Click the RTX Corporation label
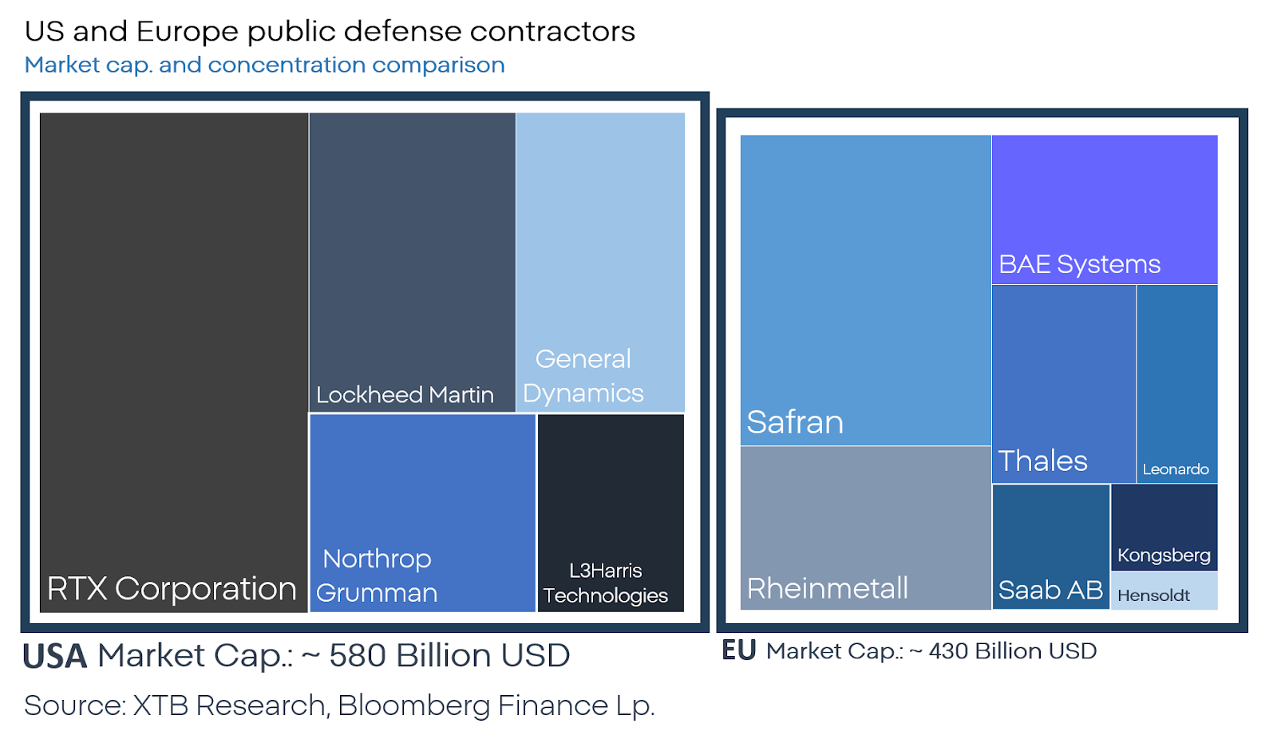pos(172,588)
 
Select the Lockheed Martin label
pos(405,394)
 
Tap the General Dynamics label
pos(583,376)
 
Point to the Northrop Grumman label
pos(377,575)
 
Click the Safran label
pos(795,421)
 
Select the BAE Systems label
pos(1079,263)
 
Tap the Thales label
pos(1042,460)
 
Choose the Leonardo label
pos(1176,469)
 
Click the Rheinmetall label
pos(828,588)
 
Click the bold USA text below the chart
pos(54,657)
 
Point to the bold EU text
pos(738,650)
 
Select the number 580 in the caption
pos(358,655)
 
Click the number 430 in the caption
pos(948,651)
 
